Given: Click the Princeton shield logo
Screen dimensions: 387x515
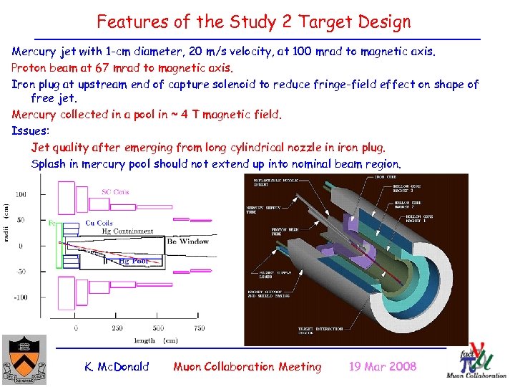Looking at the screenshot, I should [24, 360].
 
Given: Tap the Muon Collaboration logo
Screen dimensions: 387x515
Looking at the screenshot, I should [475, 360].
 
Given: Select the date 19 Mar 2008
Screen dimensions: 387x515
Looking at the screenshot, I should [382, 366].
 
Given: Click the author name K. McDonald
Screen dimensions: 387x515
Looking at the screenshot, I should [117, 366].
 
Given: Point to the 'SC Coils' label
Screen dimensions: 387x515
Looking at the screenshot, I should [116, 191].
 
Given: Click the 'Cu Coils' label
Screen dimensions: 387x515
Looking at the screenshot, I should [99, 223].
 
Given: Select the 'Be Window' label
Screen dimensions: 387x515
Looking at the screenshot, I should [187, 242].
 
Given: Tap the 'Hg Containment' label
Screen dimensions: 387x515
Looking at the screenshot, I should [127, 231].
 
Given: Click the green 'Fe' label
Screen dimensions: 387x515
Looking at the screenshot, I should [51, 224].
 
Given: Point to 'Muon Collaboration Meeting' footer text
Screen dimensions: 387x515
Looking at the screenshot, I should [247, 366].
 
